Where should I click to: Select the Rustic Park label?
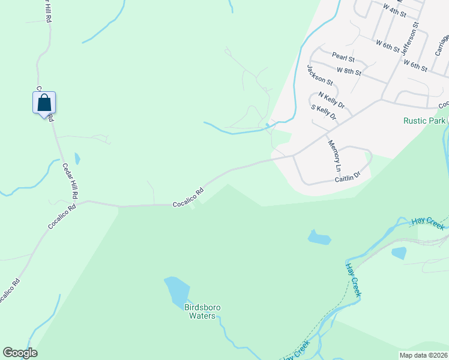click(x=424, y=121)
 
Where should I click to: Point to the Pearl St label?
click(x=343, y=59)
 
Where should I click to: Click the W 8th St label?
click(x=349, y=71)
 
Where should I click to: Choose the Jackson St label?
click(x=319, y=74)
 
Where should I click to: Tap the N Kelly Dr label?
click(x=331, y=100)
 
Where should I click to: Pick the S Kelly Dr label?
click(x=324, y=112)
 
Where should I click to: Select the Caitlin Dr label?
click(x=348, y=177)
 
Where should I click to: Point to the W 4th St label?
click(x=394, y=9)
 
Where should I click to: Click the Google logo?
click(x=20, y=353)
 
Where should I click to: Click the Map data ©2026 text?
click(x=423, y=355)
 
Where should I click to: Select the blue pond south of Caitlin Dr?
click(x=319, y=238)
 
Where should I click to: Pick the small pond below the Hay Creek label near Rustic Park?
click(x=399, y=253)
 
